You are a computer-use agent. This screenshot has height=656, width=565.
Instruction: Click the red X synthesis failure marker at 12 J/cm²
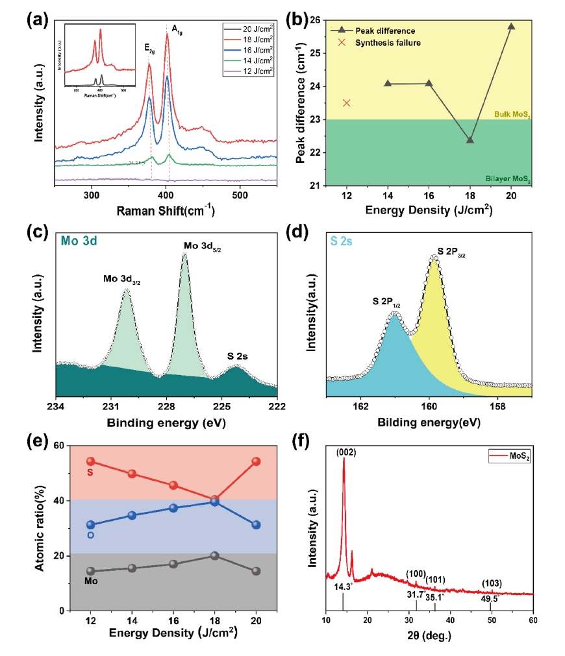(347, 103)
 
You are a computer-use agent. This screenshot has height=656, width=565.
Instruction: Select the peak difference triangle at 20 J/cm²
(511, 27)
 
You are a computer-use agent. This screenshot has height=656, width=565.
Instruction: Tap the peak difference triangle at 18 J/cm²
(470, 140)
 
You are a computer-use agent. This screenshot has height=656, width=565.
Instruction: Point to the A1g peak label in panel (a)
(177, 29)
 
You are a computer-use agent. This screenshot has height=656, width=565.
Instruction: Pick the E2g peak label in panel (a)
(151, 47)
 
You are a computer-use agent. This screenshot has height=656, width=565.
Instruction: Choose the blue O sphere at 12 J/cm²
(90, 525)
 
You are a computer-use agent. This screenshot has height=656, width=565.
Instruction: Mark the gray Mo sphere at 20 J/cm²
(256, 571)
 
